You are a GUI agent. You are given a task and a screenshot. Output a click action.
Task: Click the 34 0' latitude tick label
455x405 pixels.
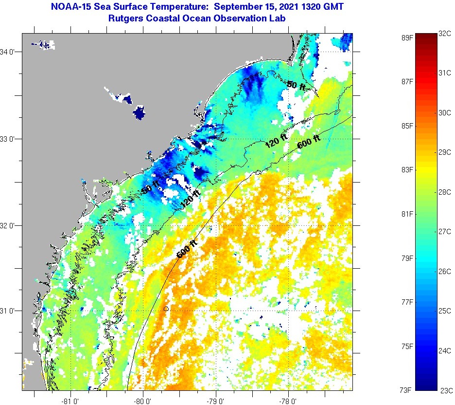[10, 52]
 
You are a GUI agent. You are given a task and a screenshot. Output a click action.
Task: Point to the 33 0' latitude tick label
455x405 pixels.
[10, 139]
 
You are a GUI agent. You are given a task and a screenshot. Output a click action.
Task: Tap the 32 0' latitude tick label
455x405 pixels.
[10, 225]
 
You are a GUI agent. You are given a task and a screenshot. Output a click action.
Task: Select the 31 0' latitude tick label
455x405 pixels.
[10, 311]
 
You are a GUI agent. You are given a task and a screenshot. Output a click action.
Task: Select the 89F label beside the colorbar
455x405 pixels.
[406, 37]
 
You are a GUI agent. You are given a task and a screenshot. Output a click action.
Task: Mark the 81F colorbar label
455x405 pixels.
[406, 214]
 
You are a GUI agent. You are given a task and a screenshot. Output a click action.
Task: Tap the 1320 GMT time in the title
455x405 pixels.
[321, 7]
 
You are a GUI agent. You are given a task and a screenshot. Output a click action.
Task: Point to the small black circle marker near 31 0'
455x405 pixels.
[166, 309]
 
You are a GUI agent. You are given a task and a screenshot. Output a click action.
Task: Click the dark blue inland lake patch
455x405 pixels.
[140, 113]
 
